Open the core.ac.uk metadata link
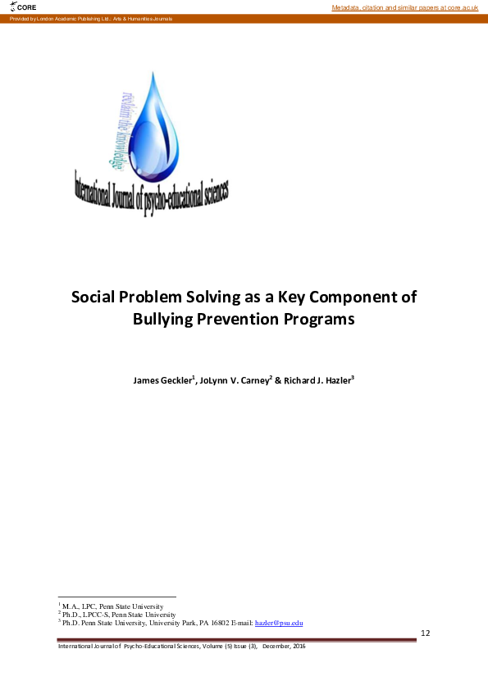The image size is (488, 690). click(x=404, y=7)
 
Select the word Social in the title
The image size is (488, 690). click(x=93, y=297)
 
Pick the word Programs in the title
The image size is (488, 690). click(x=326, y=319)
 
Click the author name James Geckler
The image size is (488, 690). click(x=162, y=381)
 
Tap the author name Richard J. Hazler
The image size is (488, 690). click(x=317, y=381)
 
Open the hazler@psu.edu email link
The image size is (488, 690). click(x=280, y=623)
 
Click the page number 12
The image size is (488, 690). click(x=425, y=633)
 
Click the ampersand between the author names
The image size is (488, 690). click(x=277, y=381)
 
